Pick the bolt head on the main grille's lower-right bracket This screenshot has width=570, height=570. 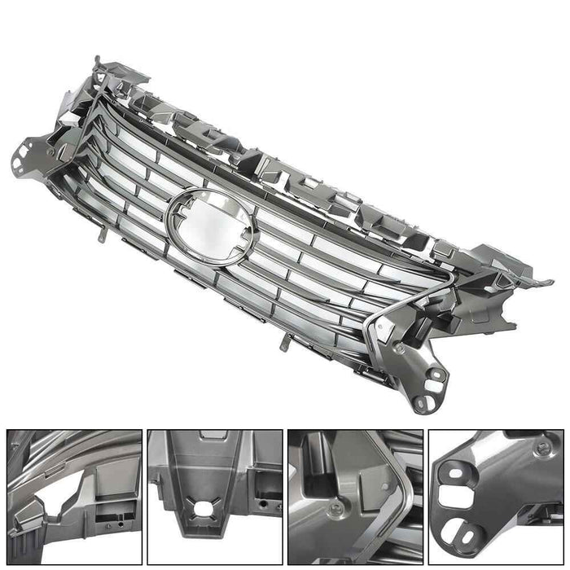point(400,349)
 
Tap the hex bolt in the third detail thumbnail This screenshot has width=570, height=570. point(335,511)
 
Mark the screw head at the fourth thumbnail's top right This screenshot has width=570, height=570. point(540,449)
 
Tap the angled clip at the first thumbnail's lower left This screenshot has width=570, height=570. point(24,537)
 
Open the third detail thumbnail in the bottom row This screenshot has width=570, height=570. point(355,498)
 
